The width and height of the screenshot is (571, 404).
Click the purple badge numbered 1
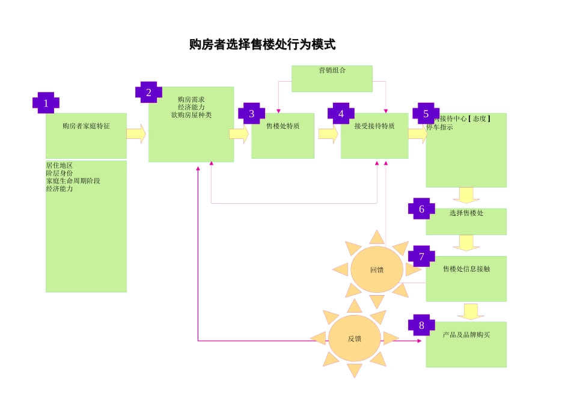tap(46, 103)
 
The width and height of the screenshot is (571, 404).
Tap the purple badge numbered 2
tap(148, 93)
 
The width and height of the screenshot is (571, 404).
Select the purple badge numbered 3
tap(251, 114)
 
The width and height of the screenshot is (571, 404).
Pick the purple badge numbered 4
tap(341, 114)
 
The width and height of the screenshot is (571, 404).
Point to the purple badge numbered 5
tap(426, 114)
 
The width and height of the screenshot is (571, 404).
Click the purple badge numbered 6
tap(421, 209)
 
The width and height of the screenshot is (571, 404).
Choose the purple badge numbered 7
tap(421, 257)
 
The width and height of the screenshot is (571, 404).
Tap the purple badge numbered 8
tap(421, 325)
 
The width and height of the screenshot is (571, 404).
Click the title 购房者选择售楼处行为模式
tap(262, 44)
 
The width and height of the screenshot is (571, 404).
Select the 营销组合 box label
tap(332, 70)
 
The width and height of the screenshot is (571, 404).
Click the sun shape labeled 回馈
tap(377, 269)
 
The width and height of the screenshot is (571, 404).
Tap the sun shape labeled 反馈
tap(355, 338)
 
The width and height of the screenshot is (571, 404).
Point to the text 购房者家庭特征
tap(86, 126)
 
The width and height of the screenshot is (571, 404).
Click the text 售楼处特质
tap(282, 126)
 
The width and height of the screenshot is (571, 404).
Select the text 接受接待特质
tap(374, 126)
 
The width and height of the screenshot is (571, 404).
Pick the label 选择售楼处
tap(466, 213)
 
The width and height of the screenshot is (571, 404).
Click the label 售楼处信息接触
tap(466, 269)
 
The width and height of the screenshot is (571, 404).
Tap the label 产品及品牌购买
tap(466, 334)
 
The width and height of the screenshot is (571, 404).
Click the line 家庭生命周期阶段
tap(73, 181)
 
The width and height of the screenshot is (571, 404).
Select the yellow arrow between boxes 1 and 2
tap(136, 133)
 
